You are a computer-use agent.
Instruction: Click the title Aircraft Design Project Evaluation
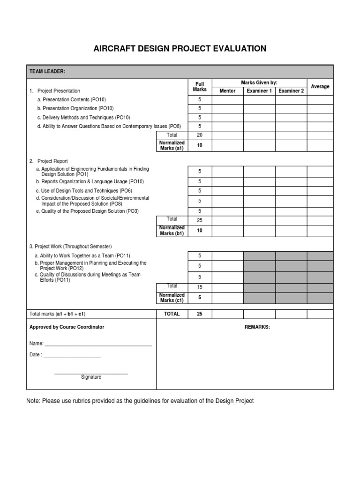[180, 49]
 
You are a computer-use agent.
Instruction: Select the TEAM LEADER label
[47, 71]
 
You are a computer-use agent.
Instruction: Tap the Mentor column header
[228, 91]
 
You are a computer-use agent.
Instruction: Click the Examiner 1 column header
[259, 91]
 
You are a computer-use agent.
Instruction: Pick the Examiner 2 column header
[291, 91]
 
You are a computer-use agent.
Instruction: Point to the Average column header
[320, 87]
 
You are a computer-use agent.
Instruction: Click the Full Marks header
[200, 87]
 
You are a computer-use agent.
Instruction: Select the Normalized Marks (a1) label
[172, 145]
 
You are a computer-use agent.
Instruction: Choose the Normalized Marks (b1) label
[172, 231]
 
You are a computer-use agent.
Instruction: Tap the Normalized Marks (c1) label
[172, 298]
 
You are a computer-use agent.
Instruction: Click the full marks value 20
[200, 135]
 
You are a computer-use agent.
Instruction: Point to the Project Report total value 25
[200, 220]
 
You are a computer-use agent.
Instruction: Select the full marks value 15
[200, 287]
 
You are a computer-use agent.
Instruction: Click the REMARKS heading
[257, 327]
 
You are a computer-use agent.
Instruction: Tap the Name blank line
[97, 344]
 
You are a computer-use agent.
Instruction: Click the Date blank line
[72, 355]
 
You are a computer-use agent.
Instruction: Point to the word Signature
[91, 377]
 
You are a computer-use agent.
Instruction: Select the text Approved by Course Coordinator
[67, 327]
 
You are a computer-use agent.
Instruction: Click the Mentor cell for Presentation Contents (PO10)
[228, 100]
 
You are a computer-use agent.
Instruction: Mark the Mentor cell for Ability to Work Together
[228, 255]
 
